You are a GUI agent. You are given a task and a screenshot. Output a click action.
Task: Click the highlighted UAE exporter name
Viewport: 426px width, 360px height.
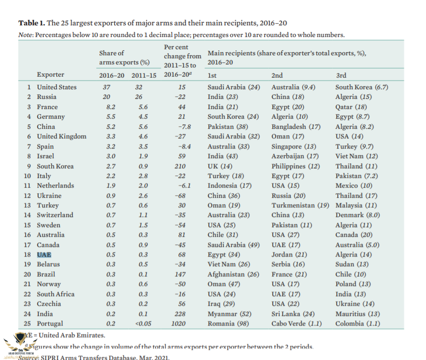click(44, 255)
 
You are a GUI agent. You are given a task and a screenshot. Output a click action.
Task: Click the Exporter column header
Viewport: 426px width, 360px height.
click(50, 75)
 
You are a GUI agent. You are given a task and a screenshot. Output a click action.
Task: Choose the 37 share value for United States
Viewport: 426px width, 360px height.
click(107, 87)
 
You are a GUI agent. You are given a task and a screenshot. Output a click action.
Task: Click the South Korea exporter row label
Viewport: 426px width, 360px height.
click(55, 166)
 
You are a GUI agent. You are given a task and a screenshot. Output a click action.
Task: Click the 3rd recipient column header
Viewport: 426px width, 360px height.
click(341, 75)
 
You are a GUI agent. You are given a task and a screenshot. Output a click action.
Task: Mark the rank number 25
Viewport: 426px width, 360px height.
click(28, 323)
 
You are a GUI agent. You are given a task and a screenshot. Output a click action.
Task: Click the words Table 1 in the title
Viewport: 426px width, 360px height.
click(31, 23)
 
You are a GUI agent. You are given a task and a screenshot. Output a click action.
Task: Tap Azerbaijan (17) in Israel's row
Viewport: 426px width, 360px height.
click(295, 156)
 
